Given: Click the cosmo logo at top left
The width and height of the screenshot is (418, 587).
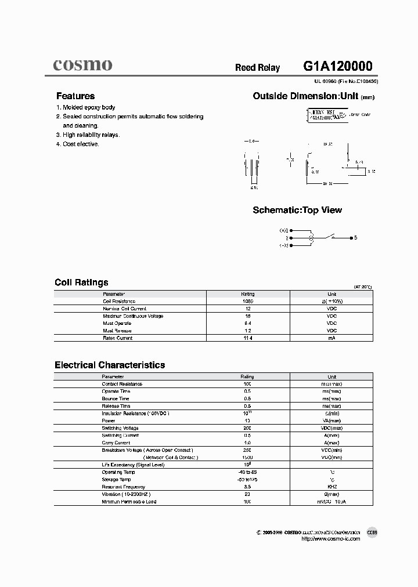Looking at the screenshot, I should (83, 66).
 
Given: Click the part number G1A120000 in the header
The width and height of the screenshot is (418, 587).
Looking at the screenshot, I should (337, 66).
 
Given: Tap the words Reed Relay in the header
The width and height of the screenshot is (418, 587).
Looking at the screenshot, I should (257, 68).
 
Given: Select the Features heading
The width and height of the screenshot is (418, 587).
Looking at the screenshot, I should (75, 96).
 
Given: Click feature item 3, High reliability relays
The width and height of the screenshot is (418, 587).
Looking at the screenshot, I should (88, 135).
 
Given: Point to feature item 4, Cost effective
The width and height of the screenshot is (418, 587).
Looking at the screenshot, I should (78, 144).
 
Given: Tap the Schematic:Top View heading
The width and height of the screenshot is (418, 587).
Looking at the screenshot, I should (297, 210).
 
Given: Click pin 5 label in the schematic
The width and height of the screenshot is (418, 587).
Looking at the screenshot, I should (356, 238).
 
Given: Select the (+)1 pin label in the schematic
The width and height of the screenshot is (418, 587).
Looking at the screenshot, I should (283, 230).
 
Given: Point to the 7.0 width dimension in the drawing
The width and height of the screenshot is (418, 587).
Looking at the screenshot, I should (251, 141).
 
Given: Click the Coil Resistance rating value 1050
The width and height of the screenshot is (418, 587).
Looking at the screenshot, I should (247, 301).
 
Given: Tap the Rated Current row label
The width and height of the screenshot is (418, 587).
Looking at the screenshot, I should (117, 338).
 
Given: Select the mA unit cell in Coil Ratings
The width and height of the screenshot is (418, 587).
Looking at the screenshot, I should (331, 338).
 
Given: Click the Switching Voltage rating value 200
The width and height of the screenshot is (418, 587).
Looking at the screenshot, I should (247, 428).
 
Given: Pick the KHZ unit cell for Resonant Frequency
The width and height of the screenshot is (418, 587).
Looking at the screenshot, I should (331, 487).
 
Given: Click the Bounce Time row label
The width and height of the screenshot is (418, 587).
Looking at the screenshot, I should (116, 398).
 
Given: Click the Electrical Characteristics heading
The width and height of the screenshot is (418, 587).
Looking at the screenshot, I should (110, 365).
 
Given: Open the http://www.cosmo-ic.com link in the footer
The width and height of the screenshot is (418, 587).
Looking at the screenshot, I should (331, 539).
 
